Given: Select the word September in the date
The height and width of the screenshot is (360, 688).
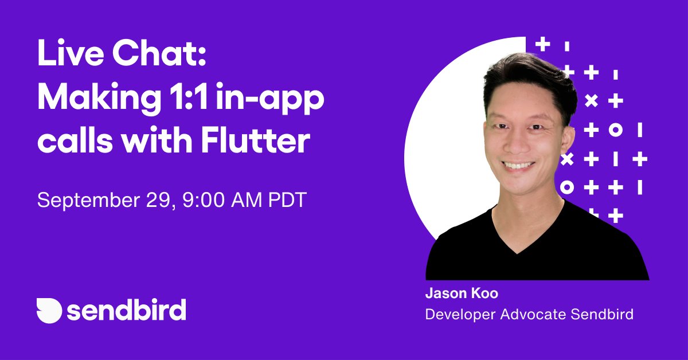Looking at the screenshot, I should pos(84,201).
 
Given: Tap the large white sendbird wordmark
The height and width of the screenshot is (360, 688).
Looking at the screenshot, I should pos(127,310).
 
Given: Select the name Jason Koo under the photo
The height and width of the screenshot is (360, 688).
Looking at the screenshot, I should pos(462,294).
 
